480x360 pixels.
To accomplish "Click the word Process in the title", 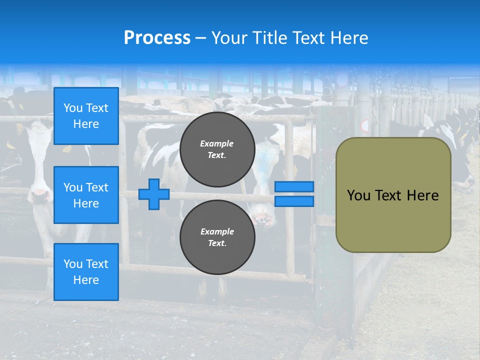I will (x=157, y=38).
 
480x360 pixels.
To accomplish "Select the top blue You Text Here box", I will (x=86, y=116).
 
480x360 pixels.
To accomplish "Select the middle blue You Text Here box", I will (x=86, y=195).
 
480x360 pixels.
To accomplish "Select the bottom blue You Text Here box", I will (x=86, y=272).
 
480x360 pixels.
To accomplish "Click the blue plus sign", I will (x=154, y=194).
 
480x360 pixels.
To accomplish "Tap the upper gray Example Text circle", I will (x=217, y=149).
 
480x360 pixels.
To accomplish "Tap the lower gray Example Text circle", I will (x=217, y=237).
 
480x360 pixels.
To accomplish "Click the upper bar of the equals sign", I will (x=294, y=187).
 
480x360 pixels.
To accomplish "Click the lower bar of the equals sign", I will (x=294, y=201).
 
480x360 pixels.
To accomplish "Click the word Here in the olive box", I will (x=422, y=195).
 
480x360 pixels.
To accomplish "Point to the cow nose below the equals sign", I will (x=262, y=217).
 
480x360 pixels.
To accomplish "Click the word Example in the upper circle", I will (x=217, y=143).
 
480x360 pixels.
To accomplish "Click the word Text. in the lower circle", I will (x=217, y=243).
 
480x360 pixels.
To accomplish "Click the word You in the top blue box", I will (x=72, y=108).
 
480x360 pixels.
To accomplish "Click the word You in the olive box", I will (x=358, y=195).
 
